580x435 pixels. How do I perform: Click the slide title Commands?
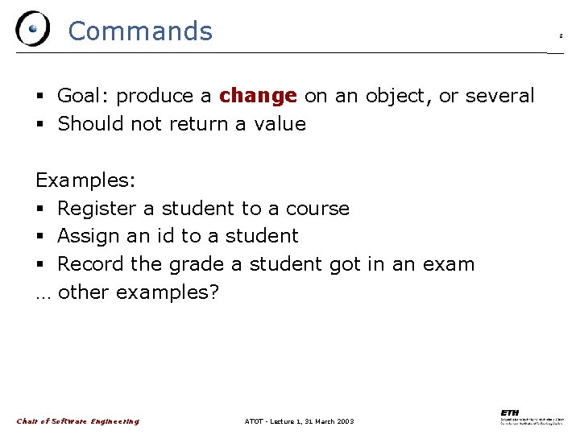point(140,31)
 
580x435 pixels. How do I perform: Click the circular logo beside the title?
point(31,29)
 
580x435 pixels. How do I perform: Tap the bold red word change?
point(258,96)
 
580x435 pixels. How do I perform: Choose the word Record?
point(89,264)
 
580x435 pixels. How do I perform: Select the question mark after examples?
point(213,292)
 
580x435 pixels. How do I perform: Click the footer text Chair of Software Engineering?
point(78,421)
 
